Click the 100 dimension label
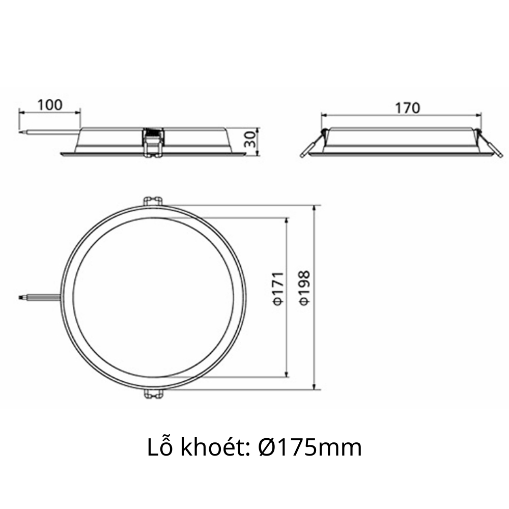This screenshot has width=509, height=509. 50,104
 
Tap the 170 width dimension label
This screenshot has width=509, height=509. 407,108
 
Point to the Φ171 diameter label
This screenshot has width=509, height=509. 278,288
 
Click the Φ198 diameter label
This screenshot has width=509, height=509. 305,288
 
